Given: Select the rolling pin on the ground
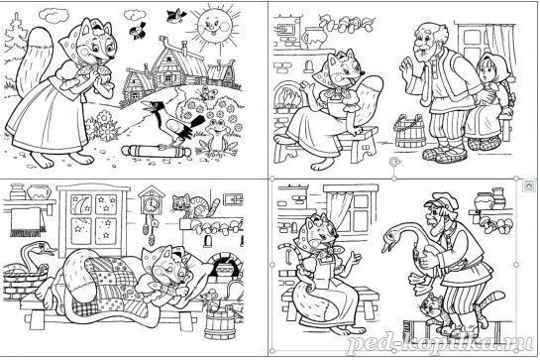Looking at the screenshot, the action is pyautogui.click(x=156, y=151).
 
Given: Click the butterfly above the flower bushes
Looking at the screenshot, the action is pyautogui.click(x=207, y=93).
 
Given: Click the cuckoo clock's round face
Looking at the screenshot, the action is pyautogui.click(x=151, y=205).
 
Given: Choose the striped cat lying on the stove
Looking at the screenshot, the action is pyautogui.click(x=195, y=206).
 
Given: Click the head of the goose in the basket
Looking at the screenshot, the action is pyautogui.click(x=44, y=248).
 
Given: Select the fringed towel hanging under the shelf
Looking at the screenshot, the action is pyautogui.click(x=28, y=222).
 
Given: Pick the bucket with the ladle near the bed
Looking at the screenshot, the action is pyautogui.click(x=220, y=319).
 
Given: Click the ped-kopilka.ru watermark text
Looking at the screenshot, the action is pyautogui.click(x=441, y=342).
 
